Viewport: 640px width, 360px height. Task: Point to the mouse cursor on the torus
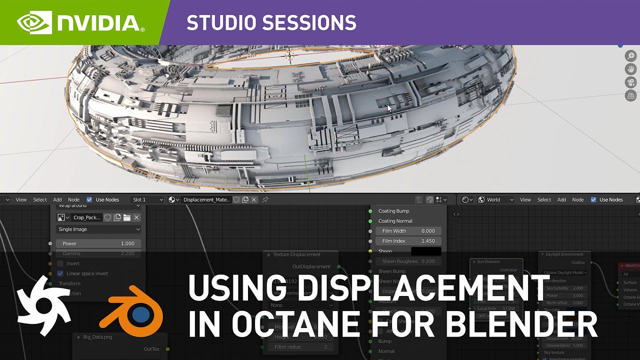click(x=389, y=107)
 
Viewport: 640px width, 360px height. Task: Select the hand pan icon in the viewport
click(x=630, y=69)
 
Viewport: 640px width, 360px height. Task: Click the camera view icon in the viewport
click(x=630, y=82)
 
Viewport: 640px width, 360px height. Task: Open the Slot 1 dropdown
click(x=147, y=199)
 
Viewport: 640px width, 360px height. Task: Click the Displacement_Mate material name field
click(x=206, y=199)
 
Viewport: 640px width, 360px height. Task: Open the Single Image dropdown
click(x=98, y=229)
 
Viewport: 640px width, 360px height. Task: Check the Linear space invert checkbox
click(x=60, y=273)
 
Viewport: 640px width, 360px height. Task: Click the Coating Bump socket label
click(x=393, y=211)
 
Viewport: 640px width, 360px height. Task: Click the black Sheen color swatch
click(x=426, y=251)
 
